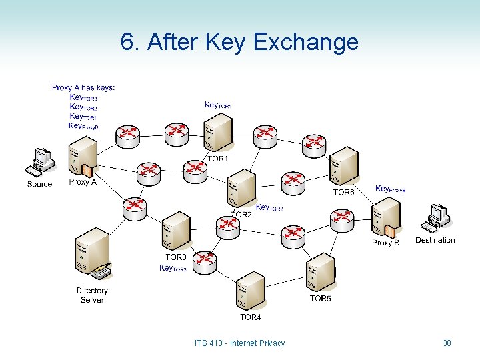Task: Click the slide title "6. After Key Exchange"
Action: point(239,42)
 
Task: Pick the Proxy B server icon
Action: point(386,219)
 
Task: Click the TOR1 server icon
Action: point(218,133)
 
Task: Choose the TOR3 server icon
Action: point(176,232)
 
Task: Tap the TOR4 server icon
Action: point(249,291)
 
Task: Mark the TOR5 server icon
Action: point(321,273)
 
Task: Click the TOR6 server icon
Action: point(344,167)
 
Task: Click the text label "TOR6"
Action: point(344,192)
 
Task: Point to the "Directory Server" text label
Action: point(92,295)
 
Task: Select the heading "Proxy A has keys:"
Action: point(83,87)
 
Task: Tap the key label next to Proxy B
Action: point(390,189)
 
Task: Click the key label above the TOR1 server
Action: point(217,105)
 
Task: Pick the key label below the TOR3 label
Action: point(173,268)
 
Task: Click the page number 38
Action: point(447,343)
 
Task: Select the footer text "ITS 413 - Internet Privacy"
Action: point(239,343)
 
